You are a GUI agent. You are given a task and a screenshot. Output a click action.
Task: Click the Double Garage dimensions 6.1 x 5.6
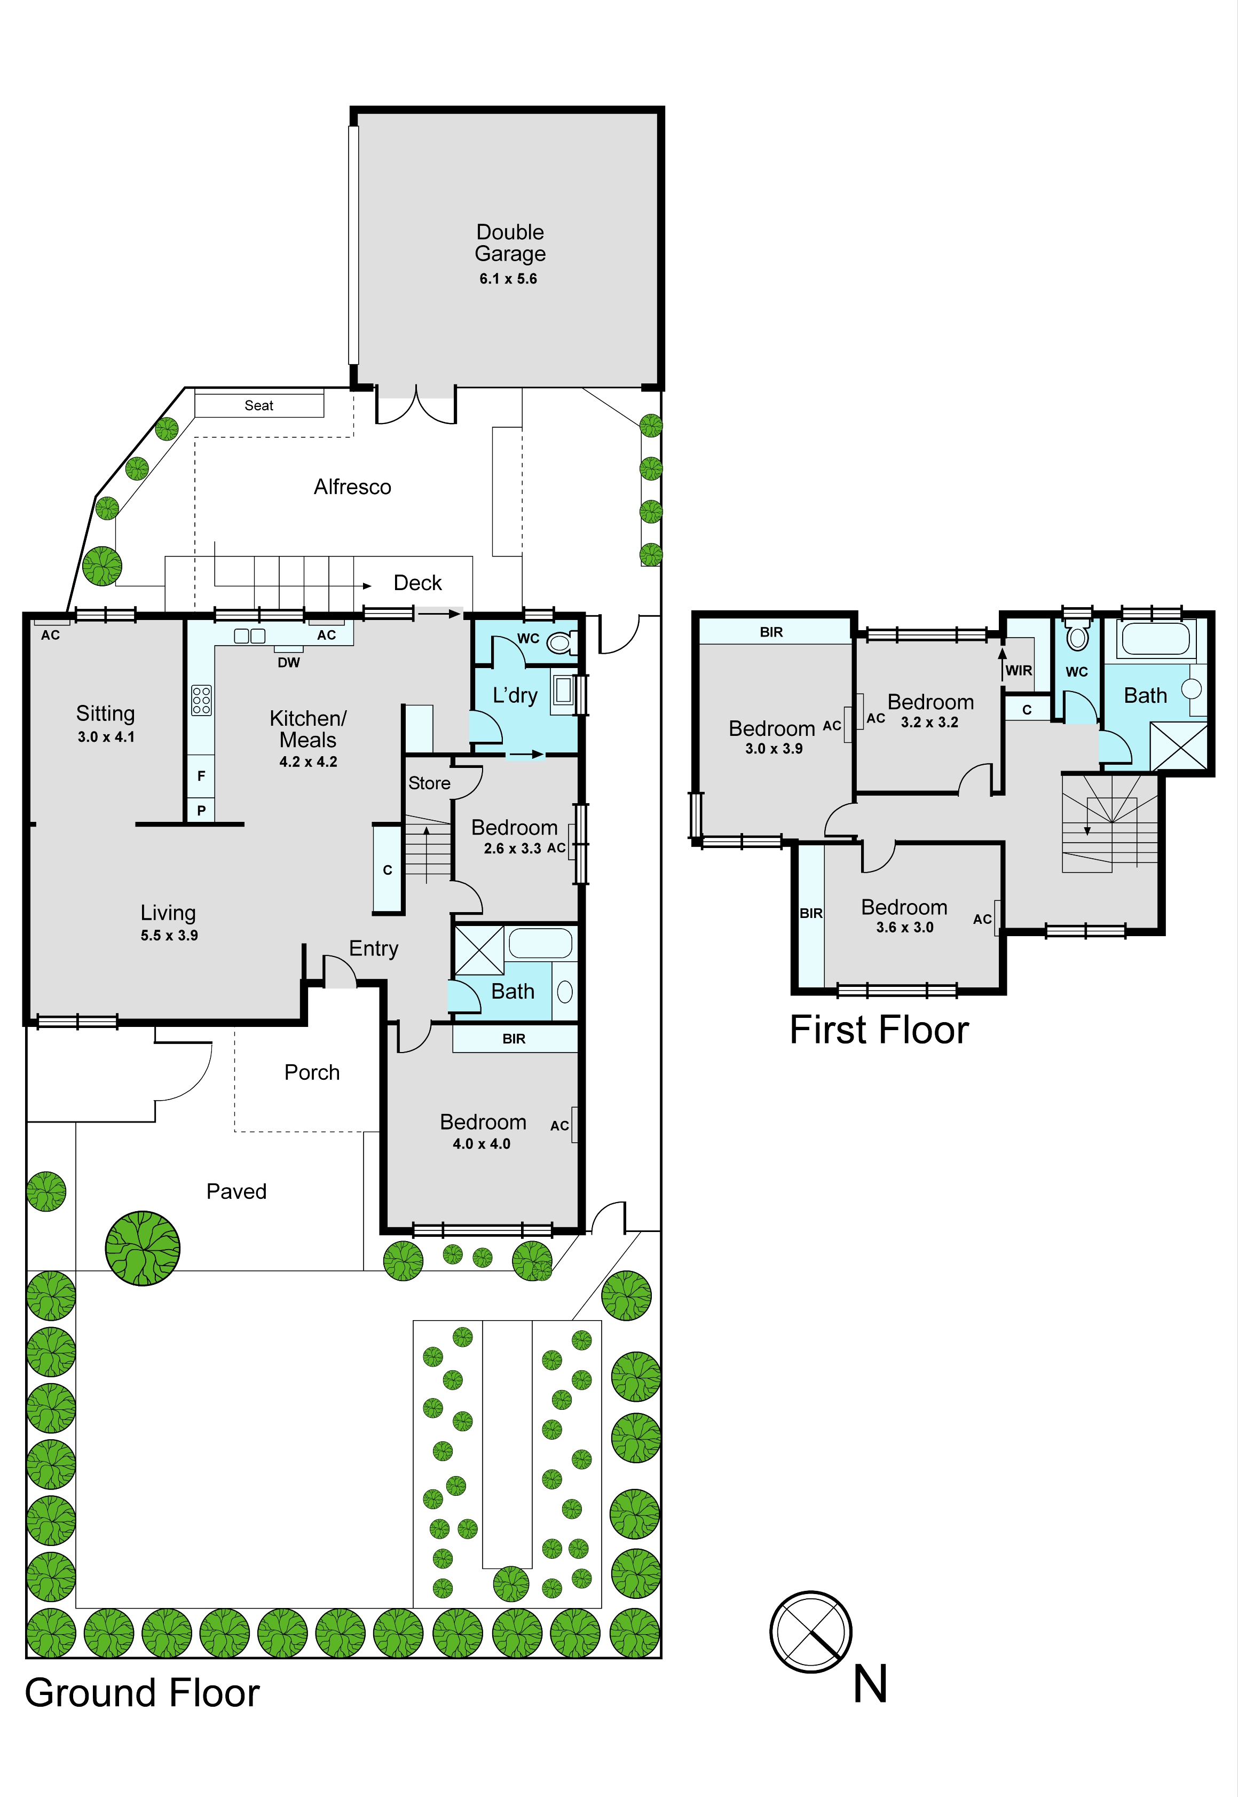[508, 279]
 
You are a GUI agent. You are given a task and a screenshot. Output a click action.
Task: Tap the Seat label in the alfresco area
[259, 405]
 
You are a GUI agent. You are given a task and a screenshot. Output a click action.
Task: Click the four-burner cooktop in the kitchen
[201, 700]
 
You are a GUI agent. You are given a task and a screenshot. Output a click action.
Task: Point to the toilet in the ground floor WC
[562, 642]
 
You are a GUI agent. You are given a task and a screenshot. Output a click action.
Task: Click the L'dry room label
[515, 695]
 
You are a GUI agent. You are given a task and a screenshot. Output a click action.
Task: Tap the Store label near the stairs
[429, 783]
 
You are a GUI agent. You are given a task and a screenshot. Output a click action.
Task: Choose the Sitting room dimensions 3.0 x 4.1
[106, 737]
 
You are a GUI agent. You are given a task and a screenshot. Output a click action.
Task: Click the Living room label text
[168, 913]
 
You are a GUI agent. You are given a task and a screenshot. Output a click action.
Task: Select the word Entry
[374, 948]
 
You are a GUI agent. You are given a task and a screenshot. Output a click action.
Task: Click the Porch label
[312, 1072]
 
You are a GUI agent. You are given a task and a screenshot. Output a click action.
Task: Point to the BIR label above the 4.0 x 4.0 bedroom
[514, 1039]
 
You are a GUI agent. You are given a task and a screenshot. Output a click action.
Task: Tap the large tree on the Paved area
[143, 1249]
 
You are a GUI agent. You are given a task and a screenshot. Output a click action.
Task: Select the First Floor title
[880, 1030]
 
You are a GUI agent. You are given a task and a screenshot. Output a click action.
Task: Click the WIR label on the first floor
[1019, 670]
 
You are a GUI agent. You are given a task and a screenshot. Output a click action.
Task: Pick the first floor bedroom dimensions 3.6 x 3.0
[904, 927]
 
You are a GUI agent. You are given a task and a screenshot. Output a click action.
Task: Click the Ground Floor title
[143, 1693]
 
